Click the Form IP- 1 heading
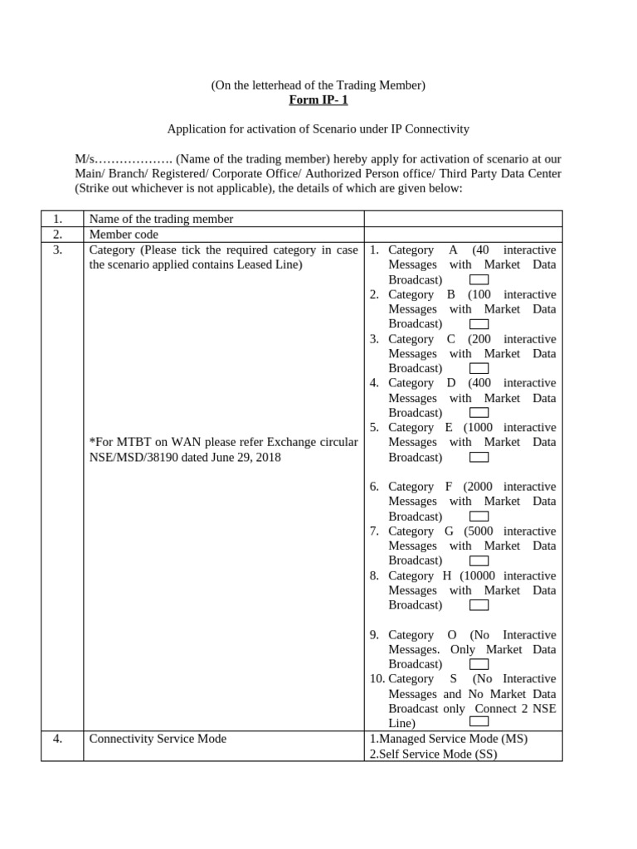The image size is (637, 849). point(318,100)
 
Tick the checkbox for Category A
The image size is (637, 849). point(479,279)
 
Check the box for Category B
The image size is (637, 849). point(479,324)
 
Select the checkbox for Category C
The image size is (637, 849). point(479,368)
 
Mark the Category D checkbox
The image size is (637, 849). point(479,413)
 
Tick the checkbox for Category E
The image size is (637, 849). point(479,457)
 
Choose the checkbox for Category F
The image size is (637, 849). point(479,517)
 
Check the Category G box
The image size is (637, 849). point(479,560)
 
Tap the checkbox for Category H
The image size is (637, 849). point(479,605)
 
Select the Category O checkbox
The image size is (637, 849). point(479,664)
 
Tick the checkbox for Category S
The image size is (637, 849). point(479,723)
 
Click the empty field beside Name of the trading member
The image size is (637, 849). point(463,219)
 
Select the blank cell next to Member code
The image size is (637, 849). point(463,235)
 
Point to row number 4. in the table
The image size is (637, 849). point(57,739)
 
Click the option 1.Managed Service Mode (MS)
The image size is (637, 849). point(449,739)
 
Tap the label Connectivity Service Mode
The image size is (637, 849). point(158,739)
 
